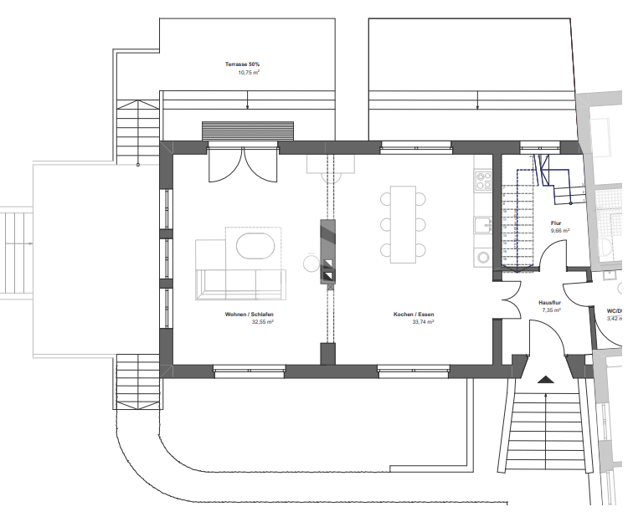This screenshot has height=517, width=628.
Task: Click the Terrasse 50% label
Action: tap(242, 64)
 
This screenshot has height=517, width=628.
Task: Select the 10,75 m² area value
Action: tap(249, 73)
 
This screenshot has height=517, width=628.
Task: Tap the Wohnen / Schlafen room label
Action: tap(250, 315)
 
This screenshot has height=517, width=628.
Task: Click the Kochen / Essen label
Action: tap(414, 315)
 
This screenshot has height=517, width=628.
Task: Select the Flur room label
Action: tap(556, 223)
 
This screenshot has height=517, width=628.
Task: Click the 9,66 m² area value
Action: tap(560, 231)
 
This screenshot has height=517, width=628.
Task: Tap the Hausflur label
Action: tap(550, 302)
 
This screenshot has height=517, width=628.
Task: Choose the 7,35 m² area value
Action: tap(550, 310)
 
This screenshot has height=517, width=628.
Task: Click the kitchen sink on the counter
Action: tap(483, 224)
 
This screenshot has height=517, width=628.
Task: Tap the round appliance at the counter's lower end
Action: tap(482, 256)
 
